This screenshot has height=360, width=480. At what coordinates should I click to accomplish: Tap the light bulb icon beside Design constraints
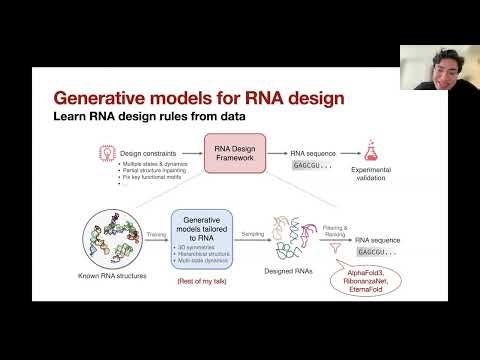(102, 150)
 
